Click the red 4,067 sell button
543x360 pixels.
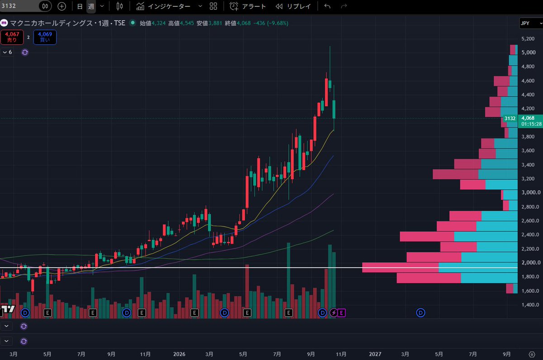(12, 37)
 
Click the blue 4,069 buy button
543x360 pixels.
(45, 37)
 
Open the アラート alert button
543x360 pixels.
(248, 6)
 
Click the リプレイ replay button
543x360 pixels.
(293, 6)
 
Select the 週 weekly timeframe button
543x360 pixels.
(91, 6)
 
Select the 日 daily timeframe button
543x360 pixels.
(80, 6)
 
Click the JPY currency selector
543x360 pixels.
(531, 23)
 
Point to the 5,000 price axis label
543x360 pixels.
(529, 53)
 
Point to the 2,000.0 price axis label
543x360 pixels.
(531, 263)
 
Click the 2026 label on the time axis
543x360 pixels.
(179, 354)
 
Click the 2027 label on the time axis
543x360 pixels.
(375, 354)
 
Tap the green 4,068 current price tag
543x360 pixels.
(530, 121)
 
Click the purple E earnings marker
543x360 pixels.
(341, 313)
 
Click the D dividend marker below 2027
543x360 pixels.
(420, 313)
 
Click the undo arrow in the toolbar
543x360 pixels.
(327, 6)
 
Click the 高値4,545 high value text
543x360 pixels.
(181, 23)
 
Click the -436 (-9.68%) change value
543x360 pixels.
(271, 23)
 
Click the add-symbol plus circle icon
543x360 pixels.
(62, 6)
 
